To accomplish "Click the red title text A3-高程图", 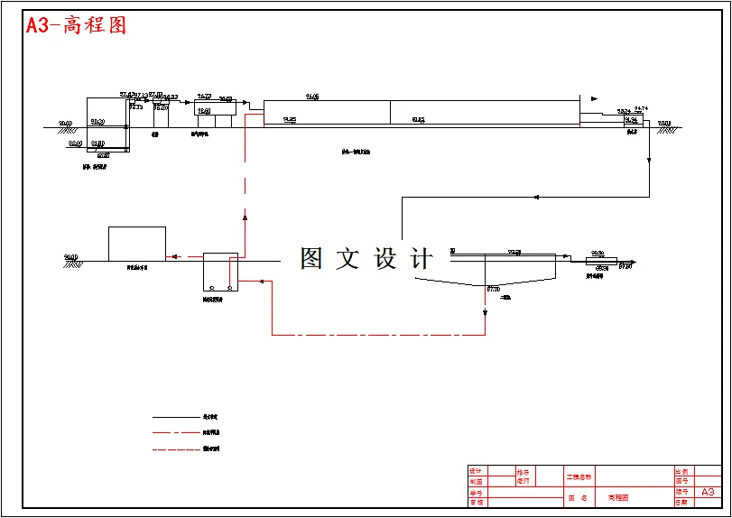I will pyautogui.click(x=76, y=25).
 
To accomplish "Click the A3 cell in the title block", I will pyautogui.click(x=707, y=492).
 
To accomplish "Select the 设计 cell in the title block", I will pyautogui.click(x=476, y=471).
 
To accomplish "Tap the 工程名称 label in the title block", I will pyautogui.click(x=579, y=476).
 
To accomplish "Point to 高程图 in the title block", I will pyautogui.click(x=618, y=497).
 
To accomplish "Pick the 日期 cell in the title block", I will pyautogui.click(x=681, y=502).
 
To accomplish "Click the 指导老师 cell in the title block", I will pyautogui.click(x=524, y=476).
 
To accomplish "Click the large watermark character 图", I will pyautogui.click(x=311, y=259).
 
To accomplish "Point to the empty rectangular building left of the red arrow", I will pyautogui.click(x=136, y=244).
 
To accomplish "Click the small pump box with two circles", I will pyautogui.click(x=220, y=272).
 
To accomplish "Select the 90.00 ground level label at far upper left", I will pyautogui.click(x=66, y=124).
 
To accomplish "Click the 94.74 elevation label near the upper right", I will pyautogui.click(x=641, y=108).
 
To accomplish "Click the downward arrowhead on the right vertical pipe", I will pyautogui.click(x=649, y=160).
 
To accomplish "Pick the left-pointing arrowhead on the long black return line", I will pyautogui.click(x=537, y=197).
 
